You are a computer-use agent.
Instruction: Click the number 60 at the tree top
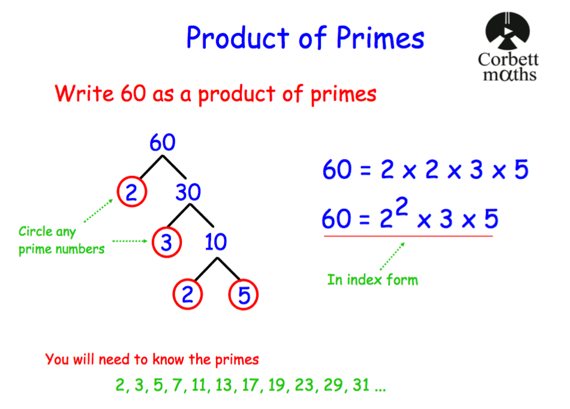pyautogui.click(x=162, y=143)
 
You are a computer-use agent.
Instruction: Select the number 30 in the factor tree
pyautogui.click(x=188, y=193)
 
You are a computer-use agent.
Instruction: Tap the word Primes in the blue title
pyautogui.click(x=380, y=38)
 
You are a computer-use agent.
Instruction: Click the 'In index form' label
pyautogui.click(x=372, y=279)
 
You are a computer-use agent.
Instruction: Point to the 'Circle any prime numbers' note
pyautogui.click(x=61, y=240)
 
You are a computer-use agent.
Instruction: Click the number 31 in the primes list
pyautogui.click(x=361, y=385)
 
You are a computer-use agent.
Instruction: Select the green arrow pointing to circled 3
pyautogui.click(x=130, y=241)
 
